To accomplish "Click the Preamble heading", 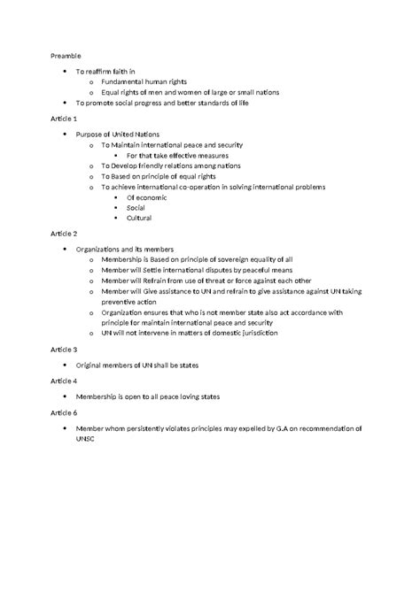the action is [66, 55].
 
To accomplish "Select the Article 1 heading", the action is [64, 118].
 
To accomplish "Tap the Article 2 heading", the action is [64, 234].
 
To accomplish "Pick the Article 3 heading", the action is [64, 350].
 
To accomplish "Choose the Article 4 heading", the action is [64, 381].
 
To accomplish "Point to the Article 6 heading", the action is [64, 412].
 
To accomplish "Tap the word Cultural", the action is [140, 218].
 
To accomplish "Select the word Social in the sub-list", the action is [136, 207].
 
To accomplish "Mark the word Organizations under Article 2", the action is [100, 250].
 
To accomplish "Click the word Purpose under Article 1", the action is [91, 134].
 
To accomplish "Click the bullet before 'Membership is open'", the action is [66, 396].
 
